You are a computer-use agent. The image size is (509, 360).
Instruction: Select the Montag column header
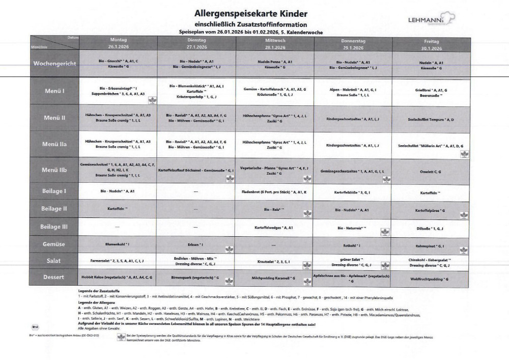[x=118, y=43]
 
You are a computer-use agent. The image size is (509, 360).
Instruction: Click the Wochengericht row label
[x=54, y=64]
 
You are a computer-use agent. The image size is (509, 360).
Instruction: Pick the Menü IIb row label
[x=54, y=169]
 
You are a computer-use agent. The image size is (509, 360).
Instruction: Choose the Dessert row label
[x=54, y=278]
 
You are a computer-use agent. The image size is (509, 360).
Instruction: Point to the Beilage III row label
[x=54, y=226]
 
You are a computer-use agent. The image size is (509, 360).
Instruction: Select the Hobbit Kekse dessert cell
[x=118, y=278]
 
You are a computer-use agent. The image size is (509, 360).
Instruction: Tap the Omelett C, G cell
[x=431, y=171]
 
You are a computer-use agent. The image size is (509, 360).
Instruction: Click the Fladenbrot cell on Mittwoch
[x=274, y=192]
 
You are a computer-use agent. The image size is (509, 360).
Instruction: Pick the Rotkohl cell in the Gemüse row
[x=352, y=245]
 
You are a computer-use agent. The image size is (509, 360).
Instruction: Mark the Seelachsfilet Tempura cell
[x=431, y=120]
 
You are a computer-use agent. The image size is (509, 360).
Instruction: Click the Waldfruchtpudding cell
[x=431, y=279]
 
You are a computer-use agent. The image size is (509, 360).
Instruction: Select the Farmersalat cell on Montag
[x=118, y=261]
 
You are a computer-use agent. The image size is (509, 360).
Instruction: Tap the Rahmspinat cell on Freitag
[x=431, y=246]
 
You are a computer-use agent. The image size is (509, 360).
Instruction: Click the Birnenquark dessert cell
[x=196, y=278]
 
